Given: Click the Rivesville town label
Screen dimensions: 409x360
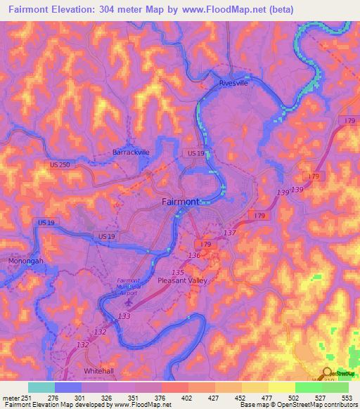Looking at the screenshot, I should pyautogui.click(x=234, y=82).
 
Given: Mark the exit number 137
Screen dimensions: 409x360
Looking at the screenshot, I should pyautogui.click(x=229, y=233).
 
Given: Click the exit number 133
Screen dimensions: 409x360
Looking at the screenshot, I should pyautogui.click(x=124, y=317).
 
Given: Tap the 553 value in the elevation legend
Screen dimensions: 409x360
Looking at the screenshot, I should pyautogui.click(x=347, y=398).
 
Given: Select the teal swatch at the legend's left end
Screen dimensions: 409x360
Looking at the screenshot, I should pyautogui.click(x=41, y=387).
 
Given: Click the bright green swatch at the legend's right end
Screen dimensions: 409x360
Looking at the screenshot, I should pyautogui.click(x=335, y=387).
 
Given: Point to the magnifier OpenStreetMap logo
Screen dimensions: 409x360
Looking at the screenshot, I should pyautogui.click(x=328, y=373).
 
